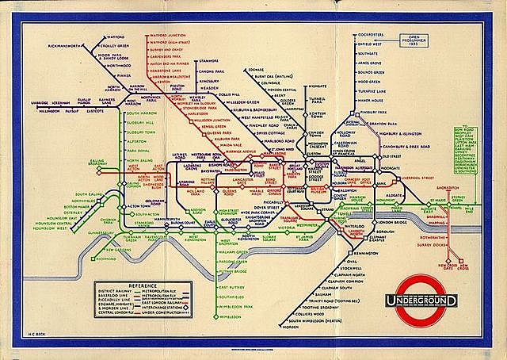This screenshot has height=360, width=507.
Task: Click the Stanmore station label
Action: click(x=208, y=59)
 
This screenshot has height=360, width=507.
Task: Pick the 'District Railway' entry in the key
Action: click(x=112, y=291)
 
